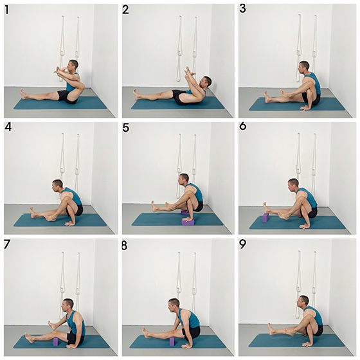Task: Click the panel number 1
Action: (x=7, y=10)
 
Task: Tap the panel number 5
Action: (x=125, y=128)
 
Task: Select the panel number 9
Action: (x=242, y=244)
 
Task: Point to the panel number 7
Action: (x=7, y=244)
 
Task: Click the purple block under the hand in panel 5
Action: (x=188, y=222)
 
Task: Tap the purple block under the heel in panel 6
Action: (x=265, y=218)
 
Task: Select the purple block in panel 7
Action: (x=56, y=341)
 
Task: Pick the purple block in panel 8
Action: (x=172, y=341)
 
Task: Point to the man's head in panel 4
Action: (x=57, y=186)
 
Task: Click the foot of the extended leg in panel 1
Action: (x=23, y=94)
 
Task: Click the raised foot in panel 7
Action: (x=52, y=325)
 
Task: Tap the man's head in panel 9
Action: (x=303, y=302)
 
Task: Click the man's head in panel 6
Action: (x=293, y=184)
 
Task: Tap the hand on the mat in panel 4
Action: (x=71, y=224)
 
